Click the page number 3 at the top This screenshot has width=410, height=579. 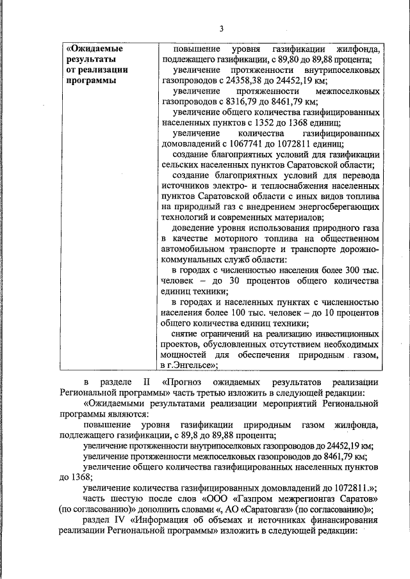(x=221, y=29)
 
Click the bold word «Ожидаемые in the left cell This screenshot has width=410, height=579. (x=95, y=48)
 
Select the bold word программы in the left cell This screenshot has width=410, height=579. (x=92, y=81)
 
